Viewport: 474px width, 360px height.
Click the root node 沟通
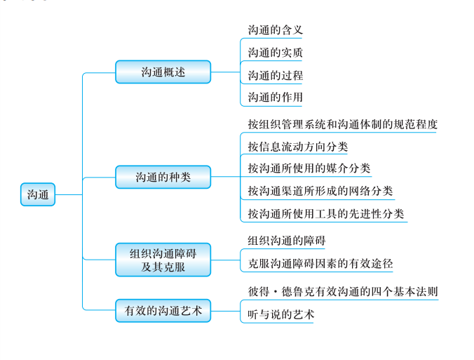pyautogui.click(x=38, y=194)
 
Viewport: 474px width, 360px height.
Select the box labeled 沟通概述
pyautogui.click(x=163, y=72)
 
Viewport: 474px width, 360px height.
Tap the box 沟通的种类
pyautogui.click(x=163, y=178)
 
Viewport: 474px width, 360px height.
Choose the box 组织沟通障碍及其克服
pyautogui.click(x=163, y=260)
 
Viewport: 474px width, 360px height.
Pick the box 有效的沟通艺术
pyautogui.click(x=163, y=309)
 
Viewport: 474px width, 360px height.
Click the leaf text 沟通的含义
pyautogui.click(x=275, y=30)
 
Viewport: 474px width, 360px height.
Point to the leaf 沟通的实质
pyautogui.click(x=275, y=53)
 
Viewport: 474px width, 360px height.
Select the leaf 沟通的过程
pyautogui.click(x=275, y=75)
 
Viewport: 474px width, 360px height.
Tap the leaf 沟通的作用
pyautogui.click(x=275, y=97)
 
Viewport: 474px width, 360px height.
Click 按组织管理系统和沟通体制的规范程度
pyautogui.click(x=342, y=124)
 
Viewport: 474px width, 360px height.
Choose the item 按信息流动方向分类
pyautogui.click(x=297, y=147)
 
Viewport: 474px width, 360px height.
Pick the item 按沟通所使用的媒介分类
pyautogui.click(x=309, y=168)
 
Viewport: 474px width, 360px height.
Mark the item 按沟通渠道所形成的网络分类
pyautogui.click(x=320, y=191)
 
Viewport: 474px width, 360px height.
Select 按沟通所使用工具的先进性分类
pyautogui.click(x=325, y=213)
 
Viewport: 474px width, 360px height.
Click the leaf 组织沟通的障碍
pyautogui.click(x=286, y=241)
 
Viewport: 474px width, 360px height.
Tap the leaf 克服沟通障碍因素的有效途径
pyautogui.click(x=320, y=264)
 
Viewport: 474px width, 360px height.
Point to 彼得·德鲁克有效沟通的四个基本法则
pyautogui.click(x=342, y=291)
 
